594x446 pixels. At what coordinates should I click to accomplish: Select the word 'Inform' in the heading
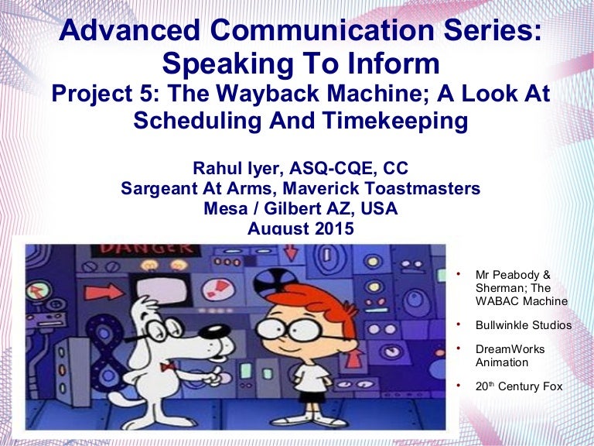[394, 63]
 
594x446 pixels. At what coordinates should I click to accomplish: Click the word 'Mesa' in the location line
[222, 208]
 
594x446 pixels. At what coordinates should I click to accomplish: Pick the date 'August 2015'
[300, 228]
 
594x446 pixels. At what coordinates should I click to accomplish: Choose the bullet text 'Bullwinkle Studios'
[524, 325]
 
